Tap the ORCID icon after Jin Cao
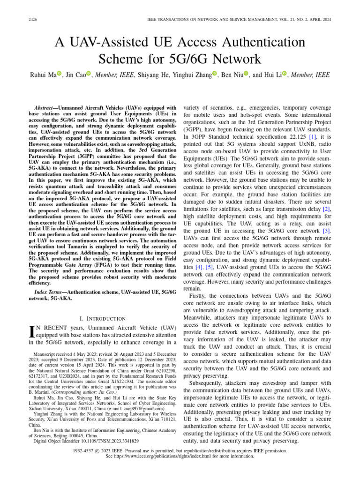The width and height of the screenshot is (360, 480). (88, 74)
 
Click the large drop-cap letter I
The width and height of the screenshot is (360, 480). (31, 334)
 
